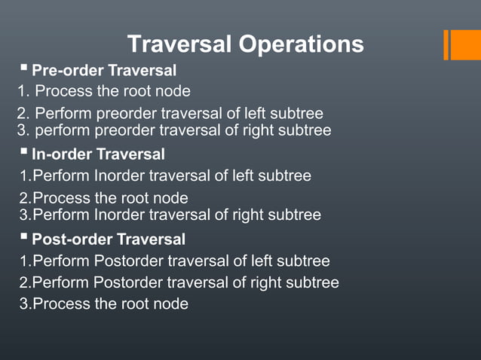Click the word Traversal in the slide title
(179, 44)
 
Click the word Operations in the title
(301, 44)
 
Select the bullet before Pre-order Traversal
(24, 70)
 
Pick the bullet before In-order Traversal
(24, 154)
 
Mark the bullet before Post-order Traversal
(24, 239)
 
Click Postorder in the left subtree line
(128, 261)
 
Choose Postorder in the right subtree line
(128, 283)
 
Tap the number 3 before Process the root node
(24, 304)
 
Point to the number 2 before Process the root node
(24, 199)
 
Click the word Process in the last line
(60, 304)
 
